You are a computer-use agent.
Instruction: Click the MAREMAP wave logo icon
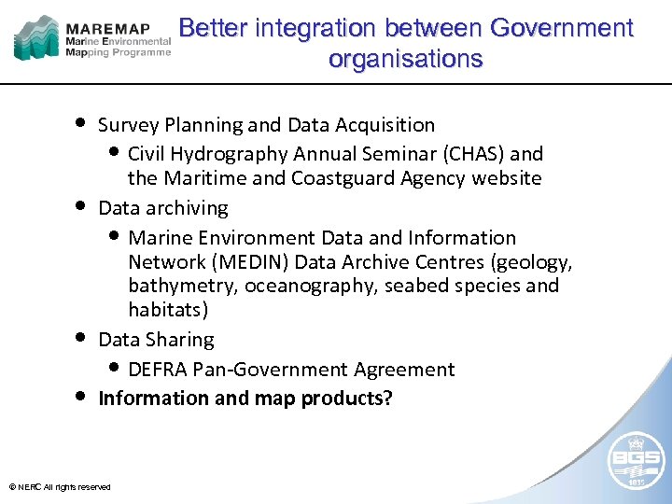(36, 38)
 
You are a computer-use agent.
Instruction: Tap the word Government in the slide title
(559, 28)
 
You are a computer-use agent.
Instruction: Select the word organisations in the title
(405, 59)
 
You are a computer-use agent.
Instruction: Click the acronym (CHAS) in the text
(475, 154)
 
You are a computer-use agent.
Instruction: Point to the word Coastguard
(347, 178)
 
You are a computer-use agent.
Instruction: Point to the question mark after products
(387, 399)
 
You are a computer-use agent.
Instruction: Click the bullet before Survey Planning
(82, 123)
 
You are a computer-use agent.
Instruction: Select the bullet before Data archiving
(82, 205)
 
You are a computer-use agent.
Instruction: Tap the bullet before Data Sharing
(82, 337)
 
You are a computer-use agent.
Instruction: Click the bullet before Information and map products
(82, 396)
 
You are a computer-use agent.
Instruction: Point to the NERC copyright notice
(59, 487)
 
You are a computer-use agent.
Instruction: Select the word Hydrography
(233, 154)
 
